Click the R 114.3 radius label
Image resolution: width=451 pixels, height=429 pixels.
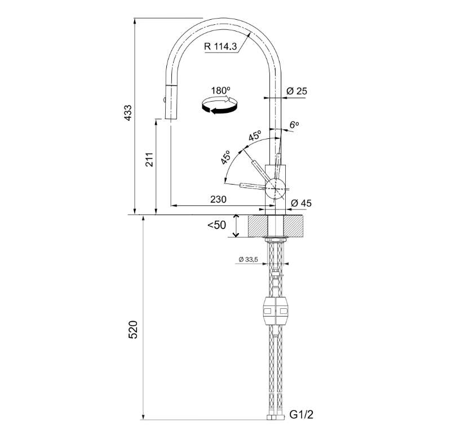pyautogui.click(x=220, y=46)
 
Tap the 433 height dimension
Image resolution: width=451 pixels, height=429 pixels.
pyautogui.click(x=128, y=113)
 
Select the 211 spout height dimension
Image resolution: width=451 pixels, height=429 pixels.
pyautogui.click(x=149, y=159)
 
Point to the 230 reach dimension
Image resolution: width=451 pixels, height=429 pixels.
pyautogui.click(x=218, y=199)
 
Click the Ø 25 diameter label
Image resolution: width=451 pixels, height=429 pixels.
pyautogui.click(x=297, y=91)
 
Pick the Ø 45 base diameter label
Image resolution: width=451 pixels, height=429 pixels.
pyautogui.click(x=301, y=203)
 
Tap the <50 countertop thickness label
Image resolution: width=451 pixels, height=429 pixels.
pyautogui.click(x=217, y=225)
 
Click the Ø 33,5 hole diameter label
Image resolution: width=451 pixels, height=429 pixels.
pyautogui.click(x=248, y=260)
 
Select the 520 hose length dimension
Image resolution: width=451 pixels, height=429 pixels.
pyautogui.click(x=133, y=330)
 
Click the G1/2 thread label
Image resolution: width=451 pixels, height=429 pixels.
pyautogui.click(x=301, y=414)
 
